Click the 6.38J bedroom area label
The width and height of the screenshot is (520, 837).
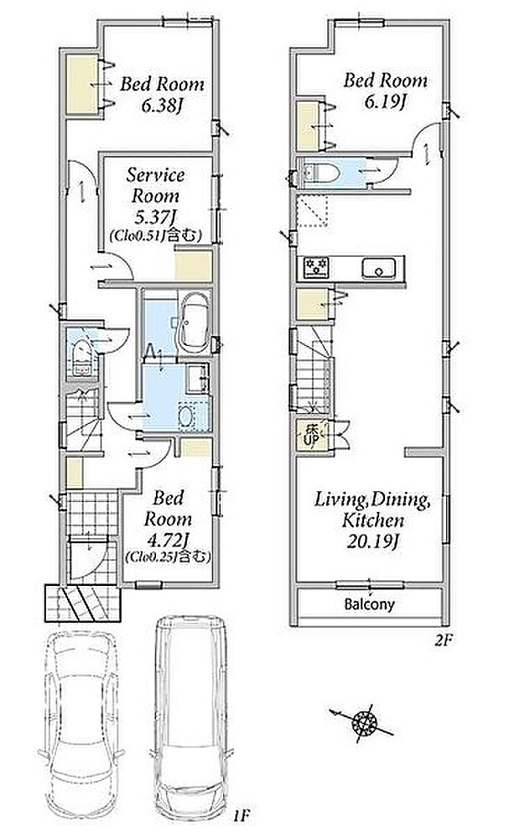coord(162,95)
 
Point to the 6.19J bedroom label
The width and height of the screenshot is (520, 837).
coord(385,91)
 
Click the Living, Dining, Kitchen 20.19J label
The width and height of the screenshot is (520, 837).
coord(372,520)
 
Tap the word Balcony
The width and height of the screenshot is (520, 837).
coord(370,604)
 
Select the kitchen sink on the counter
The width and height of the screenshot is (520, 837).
coord(378,268)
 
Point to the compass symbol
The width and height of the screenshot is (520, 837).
coord(364,724)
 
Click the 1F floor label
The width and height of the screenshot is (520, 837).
coord(241,815)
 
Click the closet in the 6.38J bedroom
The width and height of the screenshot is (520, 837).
coord(81,85)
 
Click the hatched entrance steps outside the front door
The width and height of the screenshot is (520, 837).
coord(81,604)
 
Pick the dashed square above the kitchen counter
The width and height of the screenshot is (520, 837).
coord(312,212)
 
